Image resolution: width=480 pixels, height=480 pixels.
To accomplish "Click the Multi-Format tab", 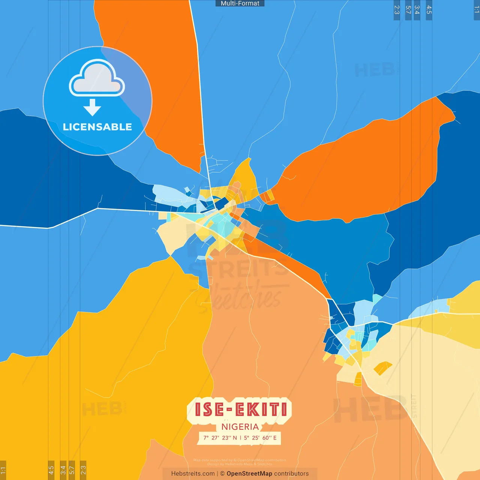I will [240, 3].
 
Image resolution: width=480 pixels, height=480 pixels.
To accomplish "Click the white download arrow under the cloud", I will [92, 107].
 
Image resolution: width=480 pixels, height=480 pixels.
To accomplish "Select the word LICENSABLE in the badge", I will [97, 127].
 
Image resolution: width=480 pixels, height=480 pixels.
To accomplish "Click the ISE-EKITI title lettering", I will [240, 409].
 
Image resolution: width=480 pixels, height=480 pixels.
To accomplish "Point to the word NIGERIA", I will [240, 427].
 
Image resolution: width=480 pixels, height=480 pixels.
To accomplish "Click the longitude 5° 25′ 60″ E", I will [260, 438].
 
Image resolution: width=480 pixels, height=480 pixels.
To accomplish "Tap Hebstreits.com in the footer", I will [193, 474].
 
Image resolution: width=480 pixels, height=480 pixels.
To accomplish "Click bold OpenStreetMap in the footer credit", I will [249, 474].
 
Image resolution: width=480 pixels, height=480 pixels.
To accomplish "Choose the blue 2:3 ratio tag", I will [397, 10].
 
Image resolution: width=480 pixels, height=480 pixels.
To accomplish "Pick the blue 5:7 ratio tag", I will [408, 10].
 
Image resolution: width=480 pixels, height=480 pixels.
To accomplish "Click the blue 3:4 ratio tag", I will [417, 10].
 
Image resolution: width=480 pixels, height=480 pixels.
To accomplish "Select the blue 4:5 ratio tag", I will [429, 10].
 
